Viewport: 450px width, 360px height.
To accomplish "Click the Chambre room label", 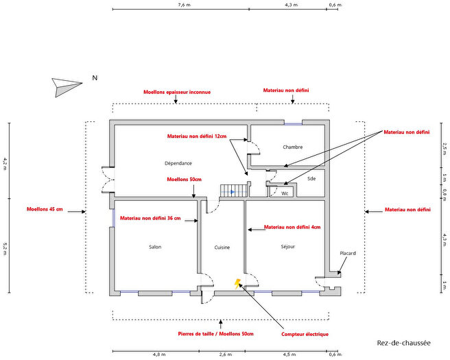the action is tap(292, 147).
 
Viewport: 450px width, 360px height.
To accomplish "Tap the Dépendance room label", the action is tap(178, 163).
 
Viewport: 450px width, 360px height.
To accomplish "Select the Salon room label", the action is tap(155, 247).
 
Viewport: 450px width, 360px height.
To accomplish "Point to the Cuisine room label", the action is tap(222, 248).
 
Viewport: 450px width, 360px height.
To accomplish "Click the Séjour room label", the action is tap(288, 246).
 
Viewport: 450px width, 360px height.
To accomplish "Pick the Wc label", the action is tap(285, 193).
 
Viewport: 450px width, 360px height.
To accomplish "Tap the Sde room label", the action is tap(311, 179).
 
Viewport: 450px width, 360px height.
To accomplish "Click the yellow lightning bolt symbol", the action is tap(237, 284).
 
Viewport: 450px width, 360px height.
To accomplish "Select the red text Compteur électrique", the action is tap(305, 334).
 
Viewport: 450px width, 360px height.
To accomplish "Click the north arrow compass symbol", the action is tap(66, 86).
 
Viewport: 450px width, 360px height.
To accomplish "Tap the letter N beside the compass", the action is tap(95, 77).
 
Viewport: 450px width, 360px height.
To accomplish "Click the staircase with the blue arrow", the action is tap(234, 191).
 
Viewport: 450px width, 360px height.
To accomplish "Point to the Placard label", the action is tap(348, 253).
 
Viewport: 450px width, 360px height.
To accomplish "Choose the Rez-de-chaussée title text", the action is tap(403, 343).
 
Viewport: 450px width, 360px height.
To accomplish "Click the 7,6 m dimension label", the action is tap(185, 5).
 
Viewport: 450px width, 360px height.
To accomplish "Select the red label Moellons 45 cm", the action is tap(45, 209).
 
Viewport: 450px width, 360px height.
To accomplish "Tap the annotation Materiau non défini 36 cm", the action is tap(150, 218).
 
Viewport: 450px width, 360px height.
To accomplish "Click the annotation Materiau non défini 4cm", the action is tap(292, 227).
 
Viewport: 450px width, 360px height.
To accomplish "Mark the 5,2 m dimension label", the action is tap(5, 249).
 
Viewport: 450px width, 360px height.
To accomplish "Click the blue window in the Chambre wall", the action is tap(294, 124).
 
